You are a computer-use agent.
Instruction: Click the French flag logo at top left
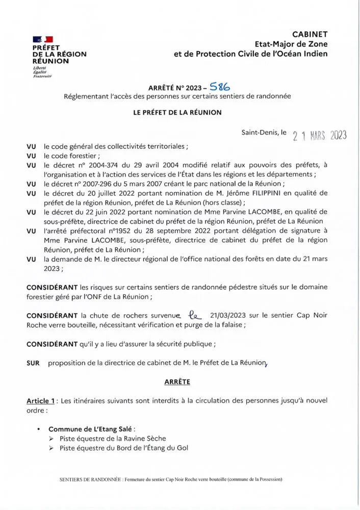pos(43,39)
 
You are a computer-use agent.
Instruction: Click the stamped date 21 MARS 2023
pos(320,135)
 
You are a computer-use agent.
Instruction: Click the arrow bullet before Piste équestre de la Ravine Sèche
pos(52,439)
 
